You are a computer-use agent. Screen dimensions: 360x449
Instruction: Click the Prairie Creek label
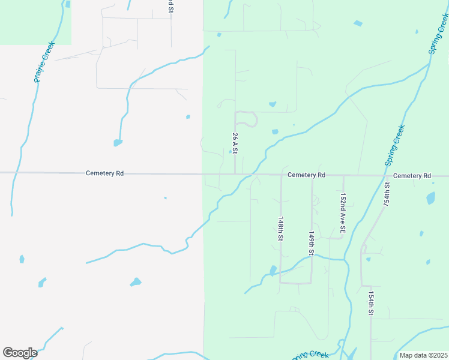pos(44,62)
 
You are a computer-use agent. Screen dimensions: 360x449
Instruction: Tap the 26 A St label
pos(235,144)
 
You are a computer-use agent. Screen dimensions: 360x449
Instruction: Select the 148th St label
pos(280,229)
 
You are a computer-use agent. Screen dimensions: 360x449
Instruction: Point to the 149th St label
pos(312,244)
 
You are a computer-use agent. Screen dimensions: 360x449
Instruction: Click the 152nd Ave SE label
pos(343,213)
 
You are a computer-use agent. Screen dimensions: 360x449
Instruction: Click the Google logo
pos(20,353)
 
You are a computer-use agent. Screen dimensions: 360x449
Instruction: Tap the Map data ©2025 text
pos(423,355)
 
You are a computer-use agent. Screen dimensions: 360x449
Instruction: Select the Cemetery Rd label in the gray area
pos(104,173)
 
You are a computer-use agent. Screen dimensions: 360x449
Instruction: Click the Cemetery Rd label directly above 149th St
pos(306,175)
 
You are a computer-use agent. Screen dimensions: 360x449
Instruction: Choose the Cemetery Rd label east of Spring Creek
pos(412,176)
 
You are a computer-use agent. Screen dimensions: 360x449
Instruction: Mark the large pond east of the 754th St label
pos(430,198)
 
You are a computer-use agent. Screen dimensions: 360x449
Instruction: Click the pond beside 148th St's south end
pos(273,271)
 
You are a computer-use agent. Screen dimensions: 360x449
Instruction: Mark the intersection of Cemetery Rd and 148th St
pos(281,175)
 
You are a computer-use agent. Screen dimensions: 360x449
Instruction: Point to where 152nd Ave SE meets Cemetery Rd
pos(343,176)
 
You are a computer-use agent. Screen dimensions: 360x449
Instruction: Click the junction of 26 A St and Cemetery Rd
pos(235,175)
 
